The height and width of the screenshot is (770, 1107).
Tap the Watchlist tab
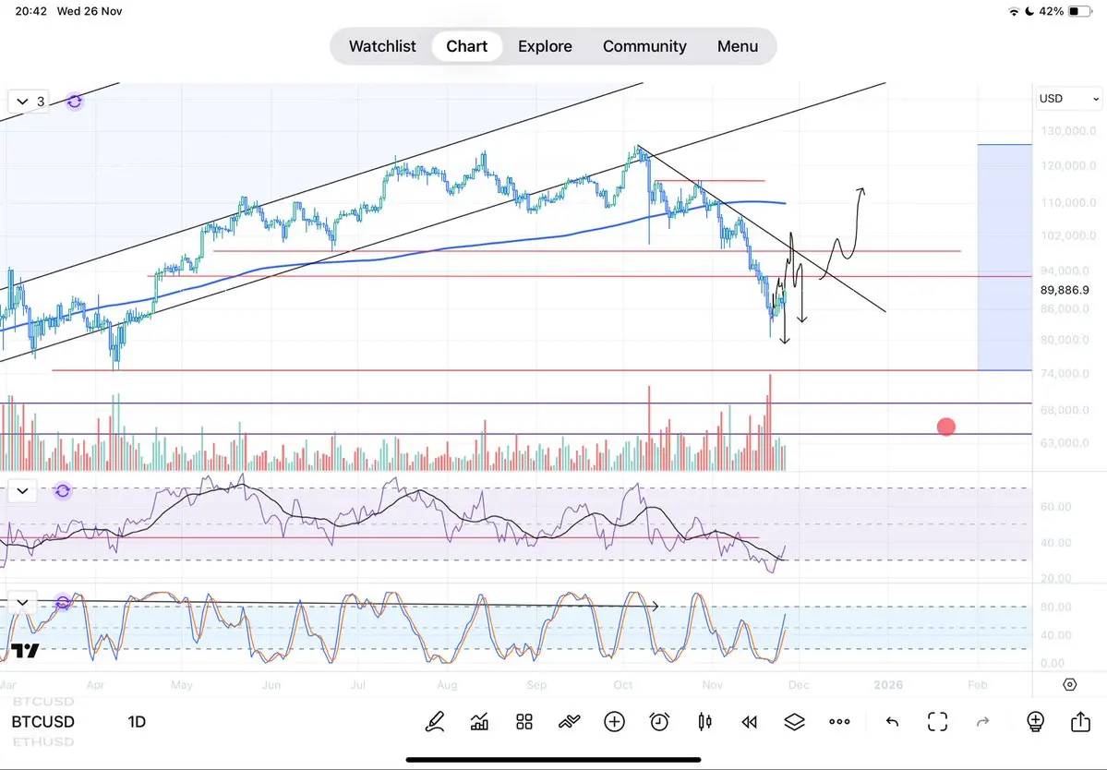(382, 46)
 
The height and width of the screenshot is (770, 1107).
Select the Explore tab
(545, 46)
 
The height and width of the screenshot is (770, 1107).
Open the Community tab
(644, 46)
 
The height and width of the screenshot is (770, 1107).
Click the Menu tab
(738, 46)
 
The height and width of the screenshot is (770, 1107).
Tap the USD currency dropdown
(1069, 99)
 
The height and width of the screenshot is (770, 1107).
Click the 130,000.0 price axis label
(1064, 131)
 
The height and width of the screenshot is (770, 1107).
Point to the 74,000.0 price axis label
(1064, 374)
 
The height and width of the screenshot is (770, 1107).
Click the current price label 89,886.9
(1064, 290)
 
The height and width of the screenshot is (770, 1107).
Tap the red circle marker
(946, 427)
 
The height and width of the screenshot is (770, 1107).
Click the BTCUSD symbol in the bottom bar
(43, 722)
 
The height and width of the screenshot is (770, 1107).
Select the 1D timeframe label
(137, 722)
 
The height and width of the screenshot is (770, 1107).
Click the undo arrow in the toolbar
(892, 722)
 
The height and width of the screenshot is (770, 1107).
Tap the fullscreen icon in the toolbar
(937, 722)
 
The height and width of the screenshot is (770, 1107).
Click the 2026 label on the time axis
(888, 685)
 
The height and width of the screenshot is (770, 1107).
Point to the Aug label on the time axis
(447, 685)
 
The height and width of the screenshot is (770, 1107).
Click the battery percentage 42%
(1051, 12)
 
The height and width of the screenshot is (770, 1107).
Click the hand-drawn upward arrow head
(861, 192)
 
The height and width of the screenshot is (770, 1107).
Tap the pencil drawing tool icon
(434, 722)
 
